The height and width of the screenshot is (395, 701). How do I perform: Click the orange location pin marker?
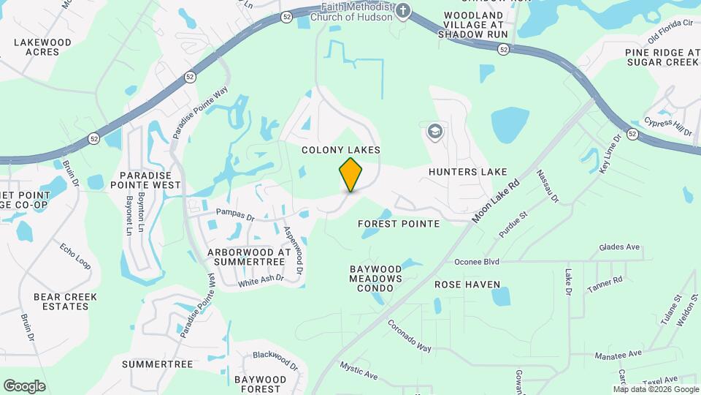point(350,174)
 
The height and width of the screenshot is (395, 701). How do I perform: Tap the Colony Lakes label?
point(342,149)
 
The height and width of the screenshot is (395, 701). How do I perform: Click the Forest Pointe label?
point(399,223)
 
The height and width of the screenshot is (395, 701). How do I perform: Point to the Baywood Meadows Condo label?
point(375,279)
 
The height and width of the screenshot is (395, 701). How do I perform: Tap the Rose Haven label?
point(467,284)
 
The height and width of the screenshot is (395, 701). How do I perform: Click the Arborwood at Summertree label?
point(250,256)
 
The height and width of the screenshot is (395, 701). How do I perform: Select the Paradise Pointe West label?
point(150,181)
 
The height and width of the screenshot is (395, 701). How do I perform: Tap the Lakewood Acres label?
point(43,48)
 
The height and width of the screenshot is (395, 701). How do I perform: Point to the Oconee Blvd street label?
point(476,261)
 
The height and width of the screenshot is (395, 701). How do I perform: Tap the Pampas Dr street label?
point(235,217)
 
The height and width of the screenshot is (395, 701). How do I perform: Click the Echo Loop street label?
point(75,257)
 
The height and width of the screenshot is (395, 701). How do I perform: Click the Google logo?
point(24,386)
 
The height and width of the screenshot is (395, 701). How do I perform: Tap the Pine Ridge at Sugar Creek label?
point(662,57)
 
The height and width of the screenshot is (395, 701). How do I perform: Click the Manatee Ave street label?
point(618,354)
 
